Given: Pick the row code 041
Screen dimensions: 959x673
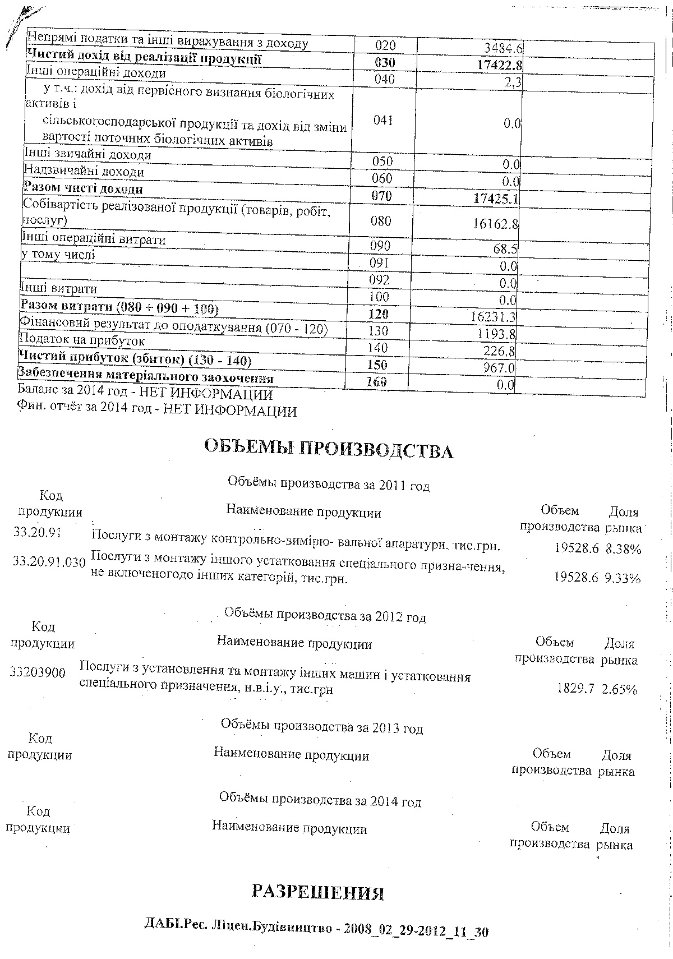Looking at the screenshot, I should coord(383,121).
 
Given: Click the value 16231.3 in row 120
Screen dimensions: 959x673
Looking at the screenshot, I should coord(493,317).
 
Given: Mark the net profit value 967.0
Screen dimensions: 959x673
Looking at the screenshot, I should coord(500,368).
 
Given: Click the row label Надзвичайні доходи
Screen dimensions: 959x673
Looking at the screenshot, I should coord(84,170).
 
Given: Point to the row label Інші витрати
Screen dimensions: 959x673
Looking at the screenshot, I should coord(58,289).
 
